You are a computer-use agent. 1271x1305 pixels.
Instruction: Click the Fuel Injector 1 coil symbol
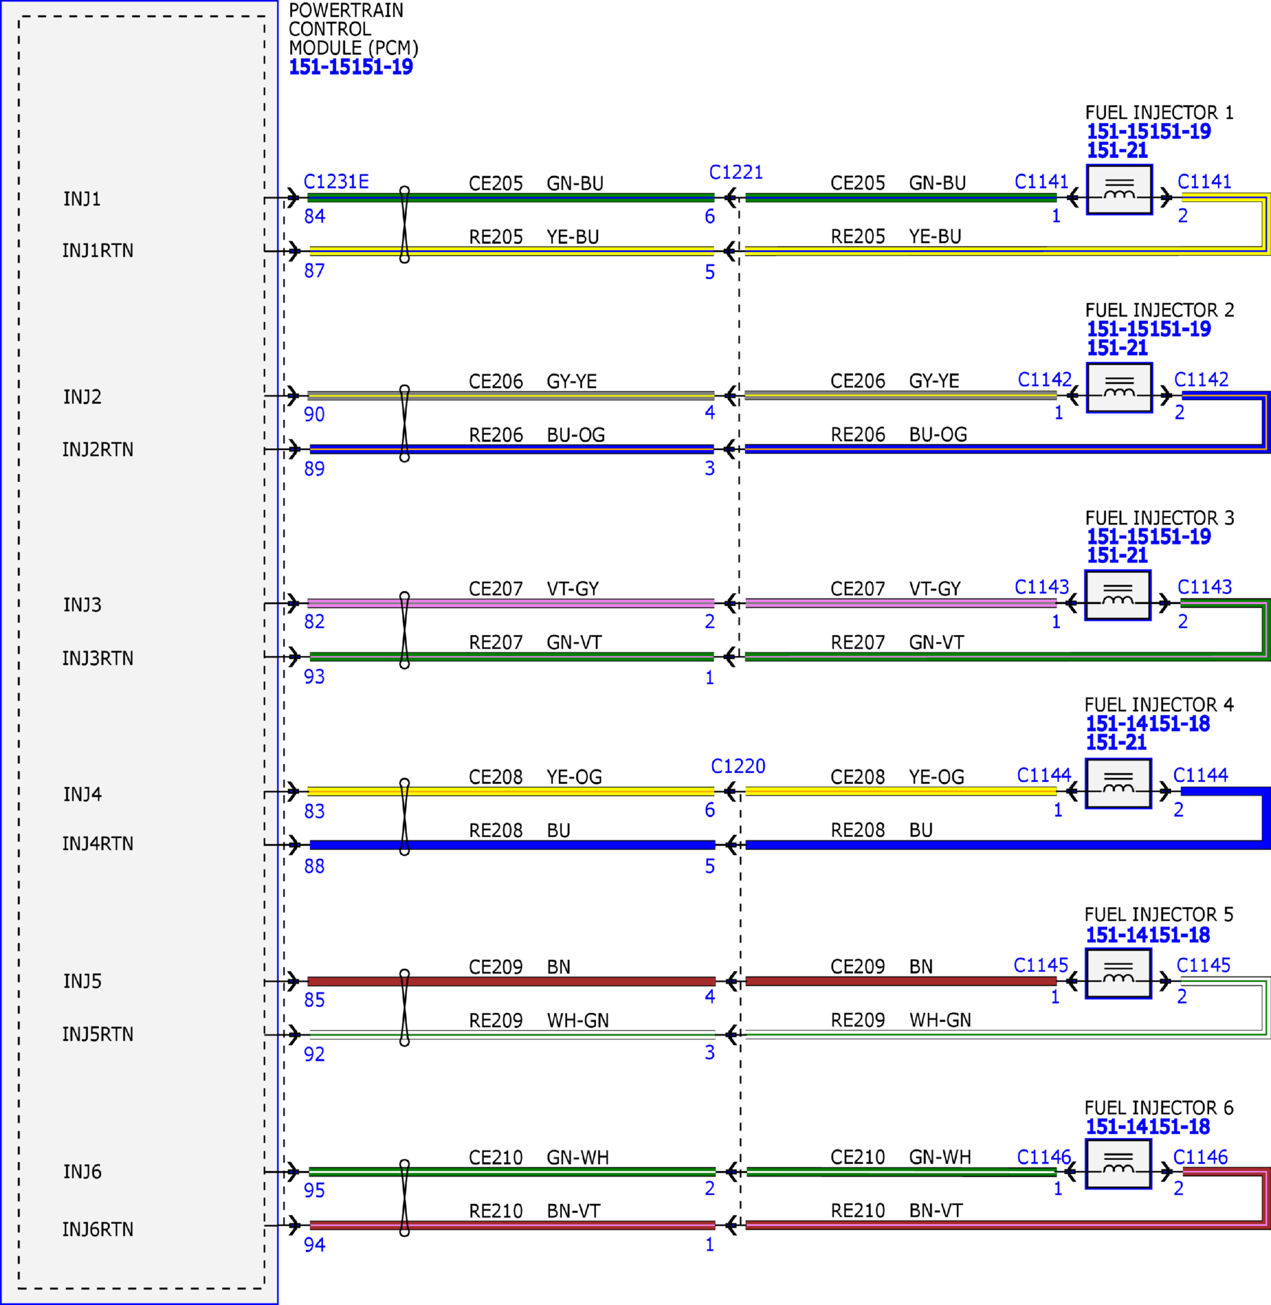click(x=1119, y=190)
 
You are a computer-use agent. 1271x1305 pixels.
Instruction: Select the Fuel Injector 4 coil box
click(x=1119, y=783)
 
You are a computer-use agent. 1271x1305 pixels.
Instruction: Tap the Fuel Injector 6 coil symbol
click(x=1119, y=1164)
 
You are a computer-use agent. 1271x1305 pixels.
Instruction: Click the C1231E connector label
click(x=336, y=181)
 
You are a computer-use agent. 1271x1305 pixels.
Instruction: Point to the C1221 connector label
click(x=736, y=172)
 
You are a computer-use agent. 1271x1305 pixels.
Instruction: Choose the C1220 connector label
click(x=738, y=766)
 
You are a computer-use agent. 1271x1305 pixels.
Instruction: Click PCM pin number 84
click(x=314, y=216)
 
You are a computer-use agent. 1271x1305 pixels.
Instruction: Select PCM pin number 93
click(x=314, y=676)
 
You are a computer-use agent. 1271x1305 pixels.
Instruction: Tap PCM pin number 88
click(x=314, y=866)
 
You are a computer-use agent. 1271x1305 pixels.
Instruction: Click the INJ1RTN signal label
click(x=97, y=251)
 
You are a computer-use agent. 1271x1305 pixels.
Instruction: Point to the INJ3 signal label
click(x=82, y=605)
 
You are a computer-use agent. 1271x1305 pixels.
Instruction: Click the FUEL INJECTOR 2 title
click(x=1159, y=310)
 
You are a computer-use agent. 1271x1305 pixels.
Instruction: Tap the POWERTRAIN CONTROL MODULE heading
click(x=353, y=29)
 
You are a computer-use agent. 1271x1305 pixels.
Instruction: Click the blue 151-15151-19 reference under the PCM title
click(x=351, y=67)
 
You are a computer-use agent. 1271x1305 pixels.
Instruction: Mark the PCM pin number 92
click(x=314, y=1054)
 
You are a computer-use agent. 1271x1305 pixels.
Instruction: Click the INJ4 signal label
click(x=82, y=794)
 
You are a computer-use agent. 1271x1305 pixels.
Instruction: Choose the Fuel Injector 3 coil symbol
click(x=1118, y=596)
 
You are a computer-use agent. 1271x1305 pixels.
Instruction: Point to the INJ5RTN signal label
click(x=97, y=1034)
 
